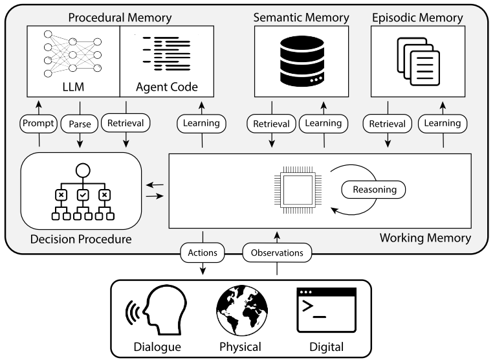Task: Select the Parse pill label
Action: click(x=80, y=123)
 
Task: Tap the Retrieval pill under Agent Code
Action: click(x=125, y=123)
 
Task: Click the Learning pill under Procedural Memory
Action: click(x=203, y=123)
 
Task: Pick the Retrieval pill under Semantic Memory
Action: click(x=271, y=123)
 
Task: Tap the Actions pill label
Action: click(x=203, y=252)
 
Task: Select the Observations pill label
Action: click(x=277, y=252)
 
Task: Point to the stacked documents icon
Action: click(x=415, y=62)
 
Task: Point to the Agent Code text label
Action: click(x=167, y=86)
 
